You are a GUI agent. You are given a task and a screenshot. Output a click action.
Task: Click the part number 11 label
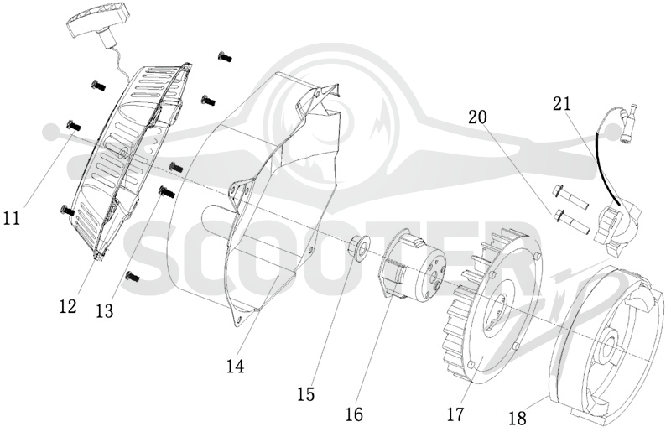[12, 218]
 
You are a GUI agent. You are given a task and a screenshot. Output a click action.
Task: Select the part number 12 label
[68, 306]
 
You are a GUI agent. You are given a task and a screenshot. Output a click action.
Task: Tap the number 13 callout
[105, 311]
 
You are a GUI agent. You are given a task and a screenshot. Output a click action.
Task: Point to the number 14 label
[236, 366]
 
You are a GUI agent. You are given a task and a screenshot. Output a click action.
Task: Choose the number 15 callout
[306, 394]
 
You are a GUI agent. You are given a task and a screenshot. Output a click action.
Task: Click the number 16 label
[354, 414]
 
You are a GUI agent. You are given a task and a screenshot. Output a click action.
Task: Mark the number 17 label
[455, 414]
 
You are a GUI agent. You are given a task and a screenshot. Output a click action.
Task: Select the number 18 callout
[518, 419]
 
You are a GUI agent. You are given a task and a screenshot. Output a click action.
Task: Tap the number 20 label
[477, 117]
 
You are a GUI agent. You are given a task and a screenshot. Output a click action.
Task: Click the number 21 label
[562, 104]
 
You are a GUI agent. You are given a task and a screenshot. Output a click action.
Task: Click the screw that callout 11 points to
[73, 126]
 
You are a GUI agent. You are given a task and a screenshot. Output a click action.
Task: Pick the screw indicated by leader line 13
[166, 191]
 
